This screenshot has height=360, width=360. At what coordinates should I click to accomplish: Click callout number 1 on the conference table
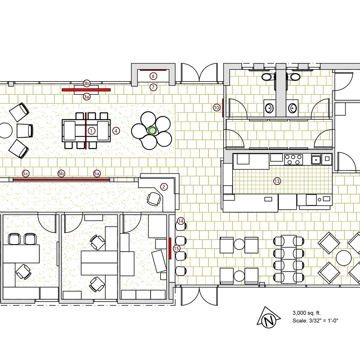pyautogui.click(x=91, y=131)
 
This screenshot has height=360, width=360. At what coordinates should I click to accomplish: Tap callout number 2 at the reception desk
pyautogui.click(x=164, y=187)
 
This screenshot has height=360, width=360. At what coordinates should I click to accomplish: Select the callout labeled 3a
pyautogui.click(x=86, y=97)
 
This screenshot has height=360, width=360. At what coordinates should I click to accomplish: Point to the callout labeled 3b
pyautogui.click(x=86, y=83)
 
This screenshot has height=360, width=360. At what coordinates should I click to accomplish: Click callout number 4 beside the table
pyautogui.click(x=116, y=131)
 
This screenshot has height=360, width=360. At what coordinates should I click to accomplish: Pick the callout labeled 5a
pyautogui.click(x=96, y=173)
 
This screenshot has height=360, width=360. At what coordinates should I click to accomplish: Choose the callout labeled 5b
pyautogui.click(x=61, y=173)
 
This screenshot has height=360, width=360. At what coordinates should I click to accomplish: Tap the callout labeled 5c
pyautogui.click(x=26, y=173)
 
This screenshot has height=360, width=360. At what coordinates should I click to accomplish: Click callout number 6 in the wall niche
pyautogui.click(x=153, y=76)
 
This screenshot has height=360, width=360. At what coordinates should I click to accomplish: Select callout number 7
pyautogui.click(x=153, y=87)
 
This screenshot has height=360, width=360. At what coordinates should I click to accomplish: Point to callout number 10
pyautogui.click(x=216, y=107)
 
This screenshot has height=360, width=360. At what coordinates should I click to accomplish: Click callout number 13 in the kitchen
pyautogui.click(x=277, y=181)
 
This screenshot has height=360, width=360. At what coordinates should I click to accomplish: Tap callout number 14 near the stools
pyautogui.click(x=181, y=221)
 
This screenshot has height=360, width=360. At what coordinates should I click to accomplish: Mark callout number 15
pyautogui.click(x=176, y=249)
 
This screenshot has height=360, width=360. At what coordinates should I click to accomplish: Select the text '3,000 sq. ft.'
pyautogui.click(x=306, y=313)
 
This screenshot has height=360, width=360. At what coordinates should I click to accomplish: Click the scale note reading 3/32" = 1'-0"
pyautogui.click(x=315, y=321)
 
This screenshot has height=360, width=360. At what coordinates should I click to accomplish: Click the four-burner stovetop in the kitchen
pyautogui.click(x=293, y=160)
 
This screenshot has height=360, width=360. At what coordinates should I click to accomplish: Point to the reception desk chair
pyautogui.click(x=154, y=199)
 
